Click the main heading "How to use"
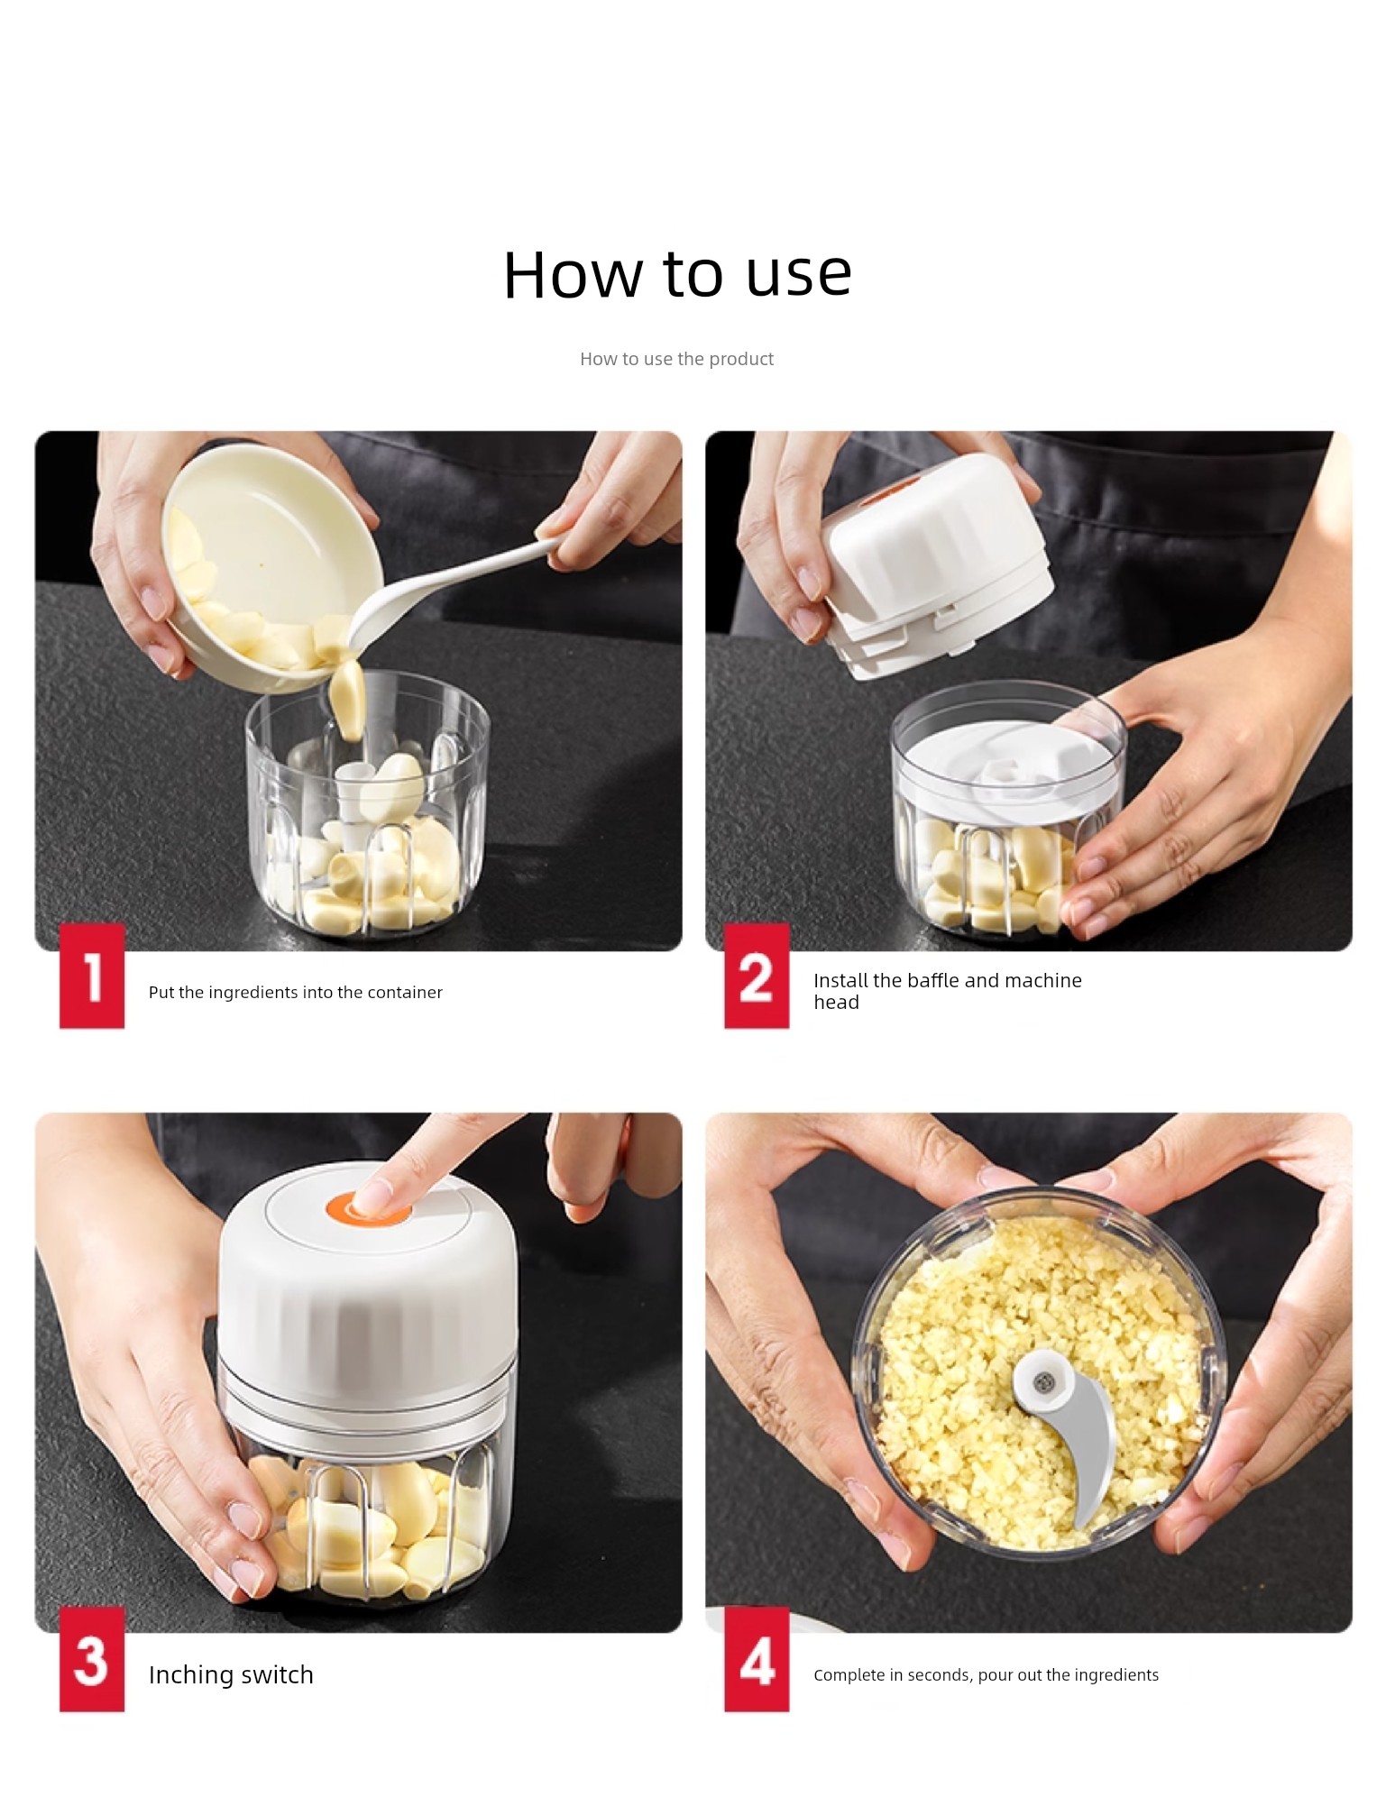[x=677, y=273]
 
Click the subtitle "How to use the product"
[x=676, y=359]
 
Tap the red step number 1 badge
[x=92, y=976]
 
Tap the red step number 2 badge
[x=757, y=976]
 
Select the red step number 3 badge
[x=92, y=1659]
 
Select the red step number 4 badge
[x=757, y=1659]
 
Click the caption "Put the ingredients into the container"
[x=296, y=993]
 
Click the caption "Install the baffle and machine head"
[x=948, y=991]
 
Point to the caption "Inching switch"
[x=231, y=1674]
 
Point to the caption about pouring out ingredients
[x=986, y=1675]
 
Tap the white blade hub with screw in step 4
[x=1044, y=1381]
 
